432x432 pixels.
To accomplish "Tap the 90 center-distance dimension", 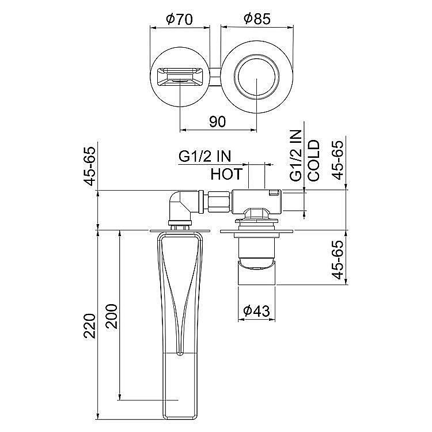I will pos(217,122).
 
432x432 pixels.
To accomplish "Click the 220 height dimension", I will pos(88,326).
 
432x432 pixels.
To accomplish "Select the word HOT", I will pos(226,173).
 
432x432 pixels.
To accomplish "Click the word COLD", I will pos(314,161).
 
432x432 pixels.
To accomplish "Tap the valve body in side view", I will pos(257,201).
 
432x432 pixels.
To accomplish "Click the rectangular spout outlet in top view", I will pos(180,77).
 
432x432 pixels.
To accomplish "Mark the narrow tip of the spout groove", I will pos(180,351).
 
